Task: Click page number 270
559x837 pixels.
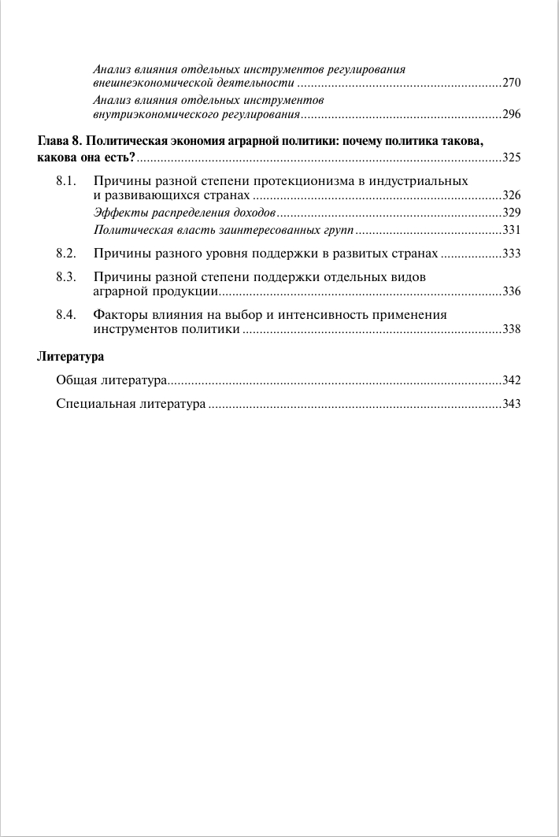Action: point(512,83)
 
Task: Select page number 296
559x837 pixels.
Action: point(512,115)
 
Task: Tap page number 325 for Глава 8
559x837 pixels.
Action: point(512,158)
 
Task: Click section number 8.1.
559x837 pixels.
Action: point(65,181)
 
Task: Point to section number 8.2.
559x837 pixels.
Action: point(65,254)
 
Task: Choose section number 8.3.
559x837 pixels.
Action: point(65,277)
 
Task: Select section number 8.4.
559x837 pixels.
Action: point(65,315)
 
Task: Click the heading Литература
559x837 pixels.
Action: point(70,357)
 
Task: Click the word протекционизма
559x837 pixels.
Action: point(305,181)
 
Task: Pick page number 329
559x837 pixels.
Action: point(512,213)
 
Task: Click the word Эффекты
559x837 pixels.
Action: point(115,213)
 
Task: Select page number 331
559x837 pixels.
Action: point(512,231)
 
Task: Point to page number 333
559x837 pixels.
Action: point(512,254)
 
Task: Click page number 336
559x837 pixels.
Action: point(512,291)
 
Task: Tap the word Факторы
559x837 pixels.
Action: point(118,315)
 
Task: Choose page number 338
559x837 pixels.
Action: point(512,329)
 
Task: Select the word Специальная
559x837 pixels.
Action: point(96,404)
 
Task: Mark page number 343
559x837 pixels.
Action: point(512,405)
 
